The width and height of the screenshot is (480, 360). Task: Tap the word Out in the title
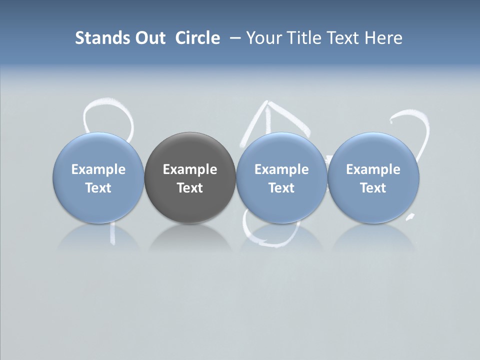[x=148, y=38]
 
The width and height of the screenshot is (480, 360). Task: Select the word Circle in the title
[x=197, y=38]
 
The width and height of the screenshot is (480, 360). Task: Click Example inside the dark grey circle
[x=190, y=169]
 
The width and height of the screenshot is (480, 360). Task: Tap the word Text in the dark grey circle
[x=190, y=188]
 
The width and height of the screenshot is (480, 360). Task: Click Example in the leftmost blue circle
[x=98, y=169]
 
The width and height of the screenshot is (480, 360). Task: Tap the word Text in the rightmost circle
[x=373, y=188]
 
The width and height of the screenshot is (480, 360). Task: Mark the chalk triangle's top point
[x=266, y=103]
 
